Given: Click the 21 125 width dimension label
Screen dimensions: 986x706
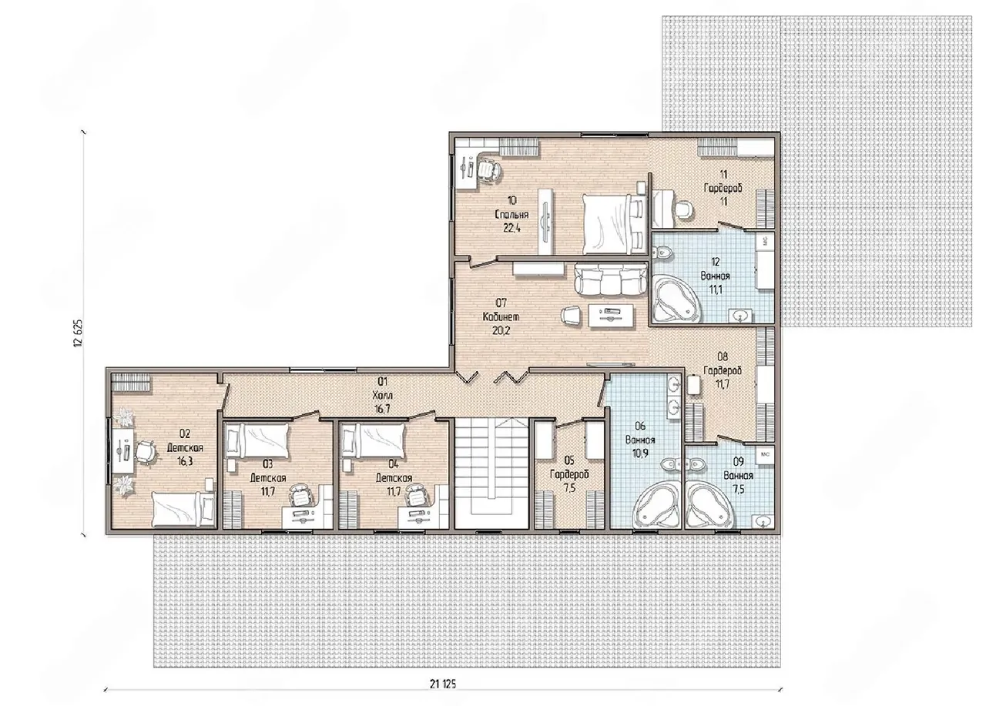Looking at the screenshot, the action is (443, 684).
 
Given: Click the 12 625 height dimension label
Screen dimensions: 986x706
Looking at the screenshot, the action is (79, 333).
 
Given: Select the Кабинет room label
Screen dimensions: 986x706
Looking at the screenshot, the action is (501, 316).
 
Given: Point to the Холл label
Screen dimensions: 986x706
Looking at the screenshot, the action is (382, 395).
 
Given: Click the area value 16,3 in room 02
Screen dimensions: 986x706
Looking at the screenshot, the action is (185, 461).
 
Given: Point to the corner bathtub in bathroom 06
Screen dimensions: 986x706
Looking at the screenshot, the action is (659, 504).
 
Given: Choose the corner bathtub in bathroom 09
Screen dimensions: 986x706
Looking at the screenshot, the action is (709, 504).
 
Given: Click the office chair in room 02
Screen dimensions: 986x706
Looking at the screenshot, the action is (146, 451).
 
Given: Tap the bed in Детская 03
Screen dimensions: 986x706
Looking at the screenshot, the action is (257, 441).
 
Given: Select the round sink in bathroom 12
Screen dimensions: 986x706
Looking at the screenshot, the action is (740, 315).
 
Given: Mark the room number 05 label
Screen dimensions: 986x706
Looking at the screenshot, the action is (569, 460).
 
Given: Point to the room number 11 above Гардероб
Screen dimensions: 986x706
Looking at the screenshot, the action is (723, 174).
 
